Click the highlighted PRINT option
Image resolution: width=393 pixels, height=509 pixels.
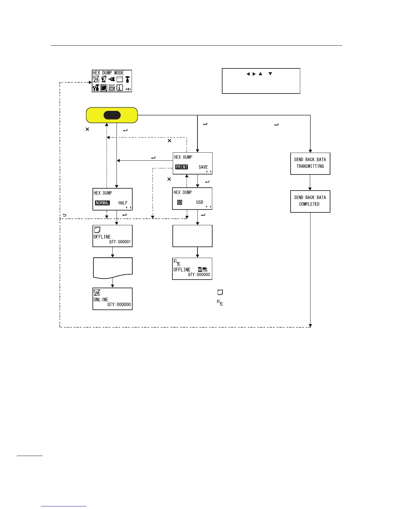point(181,167)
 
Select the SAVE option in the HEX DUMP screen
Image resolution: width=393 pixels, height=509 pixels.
point(203,167)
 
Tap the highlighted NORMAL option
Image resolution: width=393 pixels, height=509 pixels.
point(102,203)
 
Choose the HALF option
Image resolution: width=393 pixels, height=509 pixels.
point(123,203)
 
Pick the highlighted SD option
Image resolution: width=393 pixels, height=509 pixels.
point(179,202)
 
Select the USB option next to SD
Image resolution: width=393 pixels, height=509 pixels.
point(200,202)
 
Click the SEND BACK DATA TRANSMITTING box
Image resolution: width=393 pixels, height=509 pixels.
point(310,163)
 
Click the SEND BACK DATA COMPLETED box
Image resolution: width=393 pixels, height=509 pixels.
point(310,201)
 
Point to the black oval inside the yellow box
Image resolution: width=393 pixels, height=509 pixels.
point(112,115)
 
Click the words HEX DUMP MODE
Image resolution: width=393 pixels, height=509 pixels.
point(108,73)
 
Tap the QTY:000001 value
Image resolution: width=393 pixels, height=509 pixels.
point(120,242)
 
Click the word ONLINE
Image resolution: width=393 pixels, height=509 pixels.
point(101,299)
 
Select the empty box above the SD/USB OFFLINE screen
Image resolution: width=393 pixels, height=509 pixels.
point(192,236)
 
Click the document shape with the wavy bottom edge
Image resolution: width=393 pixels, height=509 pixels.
point(113,267)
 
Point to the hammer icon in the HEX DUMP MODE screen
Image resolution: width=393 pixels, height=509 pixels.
point(127,79)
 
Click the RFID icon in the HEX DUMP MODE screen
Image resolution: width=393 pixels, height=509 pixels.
point(112,87)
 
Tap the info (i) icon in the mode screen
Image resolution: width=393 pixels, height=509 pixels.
point(120,87)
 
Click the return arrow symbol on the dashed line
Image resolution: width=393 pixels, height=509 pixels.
point(65,215)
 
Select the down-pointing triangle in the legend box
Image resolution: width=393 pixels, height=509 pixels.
point(270,74)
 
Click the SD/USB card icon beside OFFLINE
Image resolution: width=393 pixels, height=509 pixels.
point(203,270)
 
